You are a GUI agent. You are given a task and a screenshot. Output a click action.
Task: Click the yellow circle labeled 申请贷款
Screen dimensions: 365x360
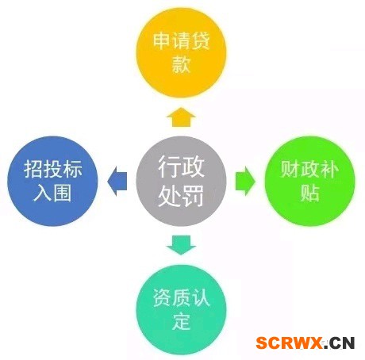point(181,52)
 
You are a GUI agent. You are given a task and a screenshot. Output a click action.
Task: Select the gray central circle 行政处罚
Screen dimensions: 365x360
point(181,181)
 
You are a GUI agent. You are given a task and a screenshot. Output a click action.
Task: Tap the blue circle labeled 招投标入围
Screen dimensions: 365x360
point(52,181)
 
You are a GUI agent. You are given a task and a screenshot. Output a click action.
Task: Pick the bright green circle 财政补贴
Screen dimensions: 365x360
point(309,181)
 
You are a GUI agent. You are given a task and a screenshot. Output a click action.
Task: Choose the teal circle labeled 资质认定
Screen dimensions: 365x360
point(181,309)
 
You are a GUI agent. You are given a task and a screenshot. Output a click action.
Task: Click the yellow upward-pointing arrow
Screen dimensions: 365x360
point(181,117)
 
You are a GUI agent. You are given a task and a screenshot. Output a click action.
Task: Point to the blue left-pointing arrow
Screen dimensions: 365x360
point(117,181)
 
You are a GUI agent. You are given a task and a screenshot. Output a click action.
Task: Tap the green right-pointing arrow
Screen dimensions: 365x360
point(245,181)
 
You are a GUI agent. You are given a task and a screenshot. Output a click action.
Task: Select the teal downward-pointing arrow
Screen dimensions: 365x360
point(181,245)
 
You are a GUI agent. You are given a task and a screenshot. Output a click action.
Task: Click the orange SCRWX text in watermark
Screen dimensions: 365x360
point(289,343)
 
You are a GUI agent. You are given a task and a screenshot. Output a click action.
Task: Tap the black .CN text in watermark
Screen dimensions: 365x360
point(339,343)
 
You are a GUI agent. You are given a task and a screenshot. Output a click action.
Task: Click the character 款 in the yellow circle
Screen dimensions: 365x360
point(181,64)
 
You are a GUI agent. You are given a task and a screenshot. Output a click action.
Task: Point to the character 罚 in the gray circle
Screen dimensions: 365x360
point(193,196)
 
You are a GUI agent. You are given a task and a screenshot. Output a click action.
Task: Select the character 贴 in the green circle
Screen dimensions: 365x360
point(309,193)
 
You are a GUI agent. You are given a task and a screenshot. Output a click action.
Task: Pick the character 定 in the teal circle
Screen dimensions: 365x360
point(181,321)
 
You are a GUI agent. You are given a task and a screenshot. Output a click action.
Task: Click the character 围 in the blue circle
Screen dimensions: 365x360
point(63,193)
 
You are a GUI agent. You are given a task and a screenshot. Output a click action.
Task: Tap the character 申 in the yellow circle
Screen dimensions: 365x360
point(162,40)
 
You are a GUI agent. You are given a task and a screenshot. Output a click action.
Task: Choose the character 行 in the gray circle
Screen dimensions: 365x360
point(170,167)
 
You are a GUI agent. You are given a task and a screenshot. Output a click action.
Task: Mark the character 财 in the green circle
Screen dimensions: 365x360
point(290,170)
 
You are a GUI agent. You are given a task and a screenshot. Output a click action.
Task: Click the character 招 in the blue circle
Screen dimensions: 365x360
point(33,170)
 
